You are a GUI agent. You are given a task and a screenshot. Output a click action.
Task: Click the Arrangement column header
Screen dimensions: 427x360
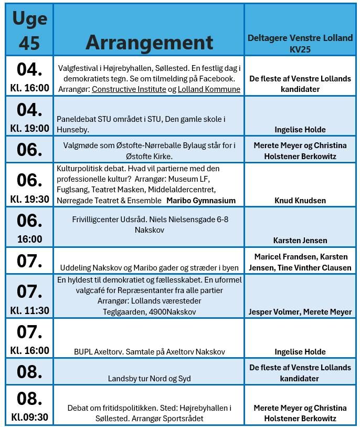point(149,42)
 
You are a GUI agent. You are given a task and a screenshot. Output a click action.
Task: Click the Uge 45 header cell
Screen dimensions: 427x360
point(29,30)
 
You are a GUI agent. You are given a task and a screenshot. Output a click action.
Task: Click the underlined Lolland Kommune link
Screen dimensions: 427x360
point(209,89)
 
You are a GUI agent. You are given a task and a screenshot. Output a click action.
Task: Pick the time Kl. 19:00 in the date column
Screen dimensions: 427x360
point(29,128)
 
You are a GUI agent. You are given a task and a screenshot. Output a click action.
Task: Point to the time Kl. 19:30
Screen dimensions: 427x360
point(29,199)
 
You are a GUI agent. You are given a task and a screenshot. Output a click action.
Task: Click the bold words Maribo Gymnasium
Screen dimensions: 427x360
point(201,200)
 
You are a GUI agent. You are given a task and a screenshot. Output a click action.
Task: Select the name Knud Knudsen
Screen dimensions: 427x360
point(300,200)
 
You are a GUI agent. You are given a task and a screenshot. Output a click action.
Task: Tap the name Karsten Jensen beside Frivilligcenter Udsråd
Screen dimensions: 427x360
point(300,240)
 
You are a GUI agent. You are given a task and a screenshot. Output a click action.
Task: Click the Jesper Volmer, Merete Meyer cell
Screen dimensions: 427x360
point(300,311)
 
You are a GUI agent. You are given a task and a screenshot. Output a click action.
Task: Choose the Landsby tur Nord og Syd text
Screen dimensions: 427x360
point(149,378)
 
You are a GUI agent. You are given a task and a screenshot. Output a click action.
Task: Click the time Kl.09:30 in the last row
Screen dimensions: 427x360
point(29,418)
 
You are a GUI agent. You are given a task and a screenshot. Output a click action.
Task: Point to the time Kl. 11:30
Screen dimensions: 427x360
point(29,310)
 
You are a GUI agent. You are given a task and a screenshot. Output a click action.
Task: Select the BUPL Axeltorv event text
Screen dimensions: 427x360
point(149,351)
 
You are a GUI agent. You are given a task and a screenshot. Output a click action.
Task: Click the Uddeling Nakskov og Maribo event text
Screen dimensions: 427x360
point(149,267)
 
